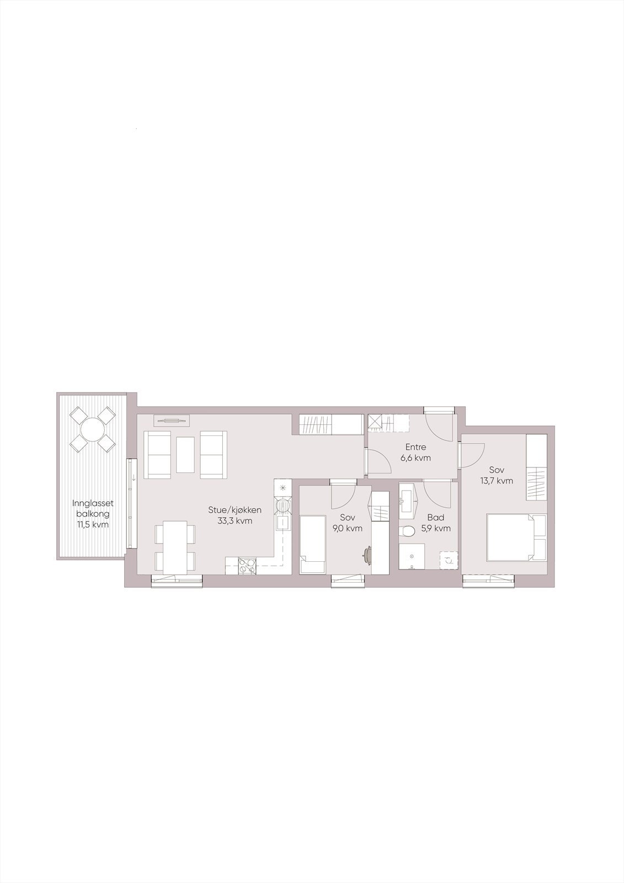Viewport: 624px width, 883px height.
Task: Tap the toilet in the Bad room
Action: pos(408,531)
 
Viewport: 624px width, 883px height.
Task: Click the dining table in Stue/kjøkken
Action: pos(175,546)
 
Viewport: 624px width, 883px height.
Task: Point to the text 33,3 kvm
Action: pos(235,520)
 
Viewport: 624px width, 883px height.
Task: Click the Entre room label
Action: pos(415,447)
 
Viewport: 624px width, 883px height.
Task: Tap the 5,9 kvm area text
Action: pos(436,528)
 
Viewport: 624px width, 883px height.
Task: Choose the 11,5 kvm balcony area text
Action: pos(93,524)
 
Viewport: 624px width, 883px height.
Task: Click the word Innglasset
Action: pos(93,503)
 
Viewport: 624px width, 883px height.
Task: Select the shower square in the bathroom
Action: pos(412,557)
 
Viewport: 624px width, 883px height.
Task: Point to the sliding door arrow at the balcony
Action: pos(133,477)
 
